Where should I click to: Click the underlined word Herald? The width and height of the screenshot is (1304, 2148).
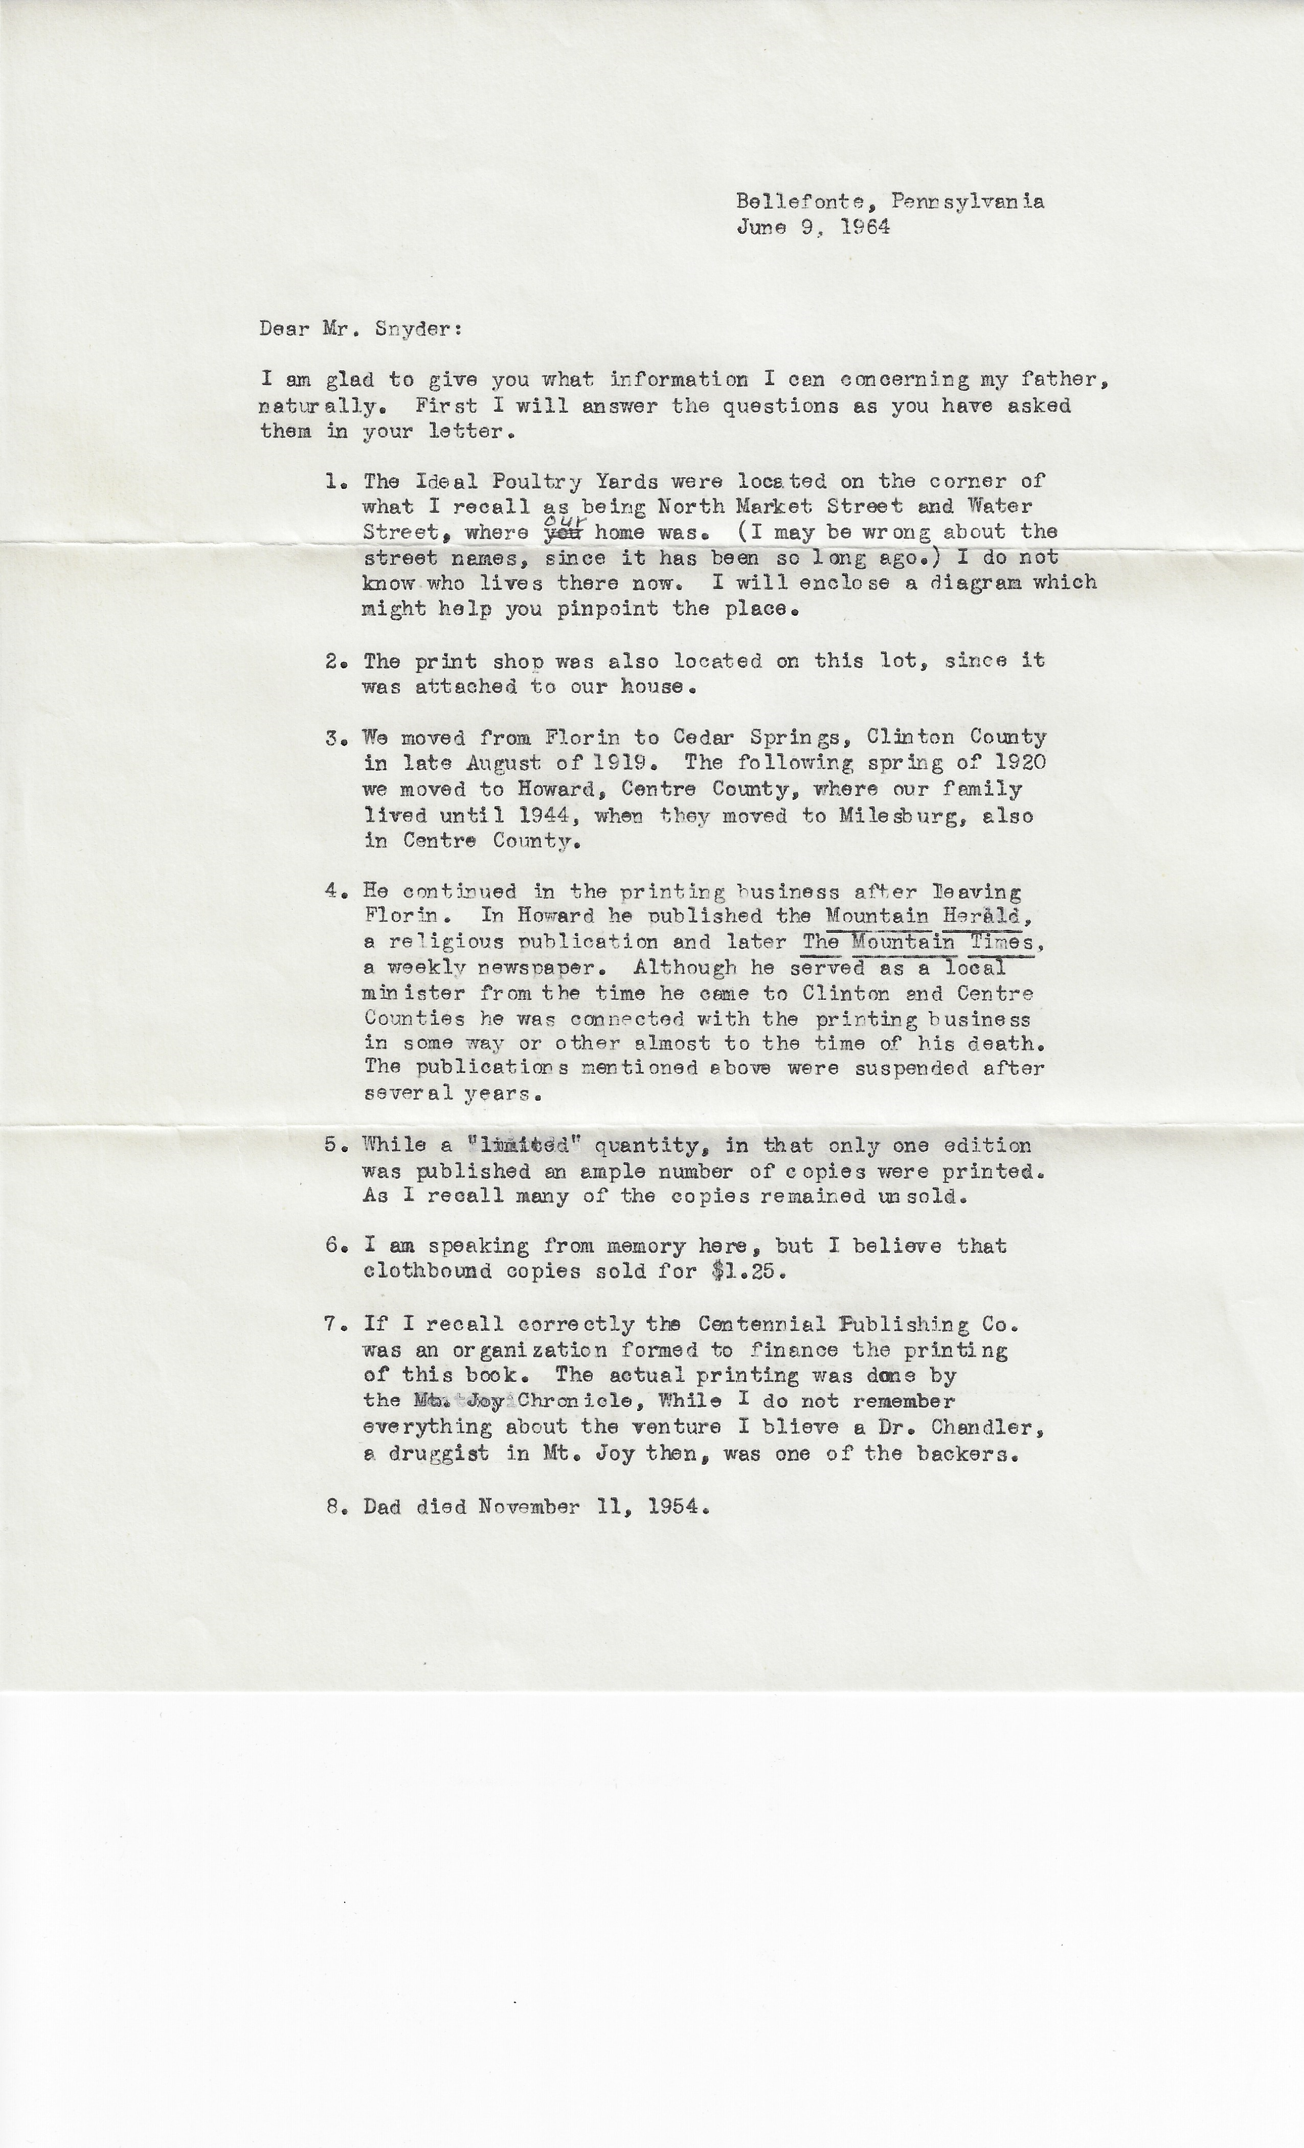coord(986,916)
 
